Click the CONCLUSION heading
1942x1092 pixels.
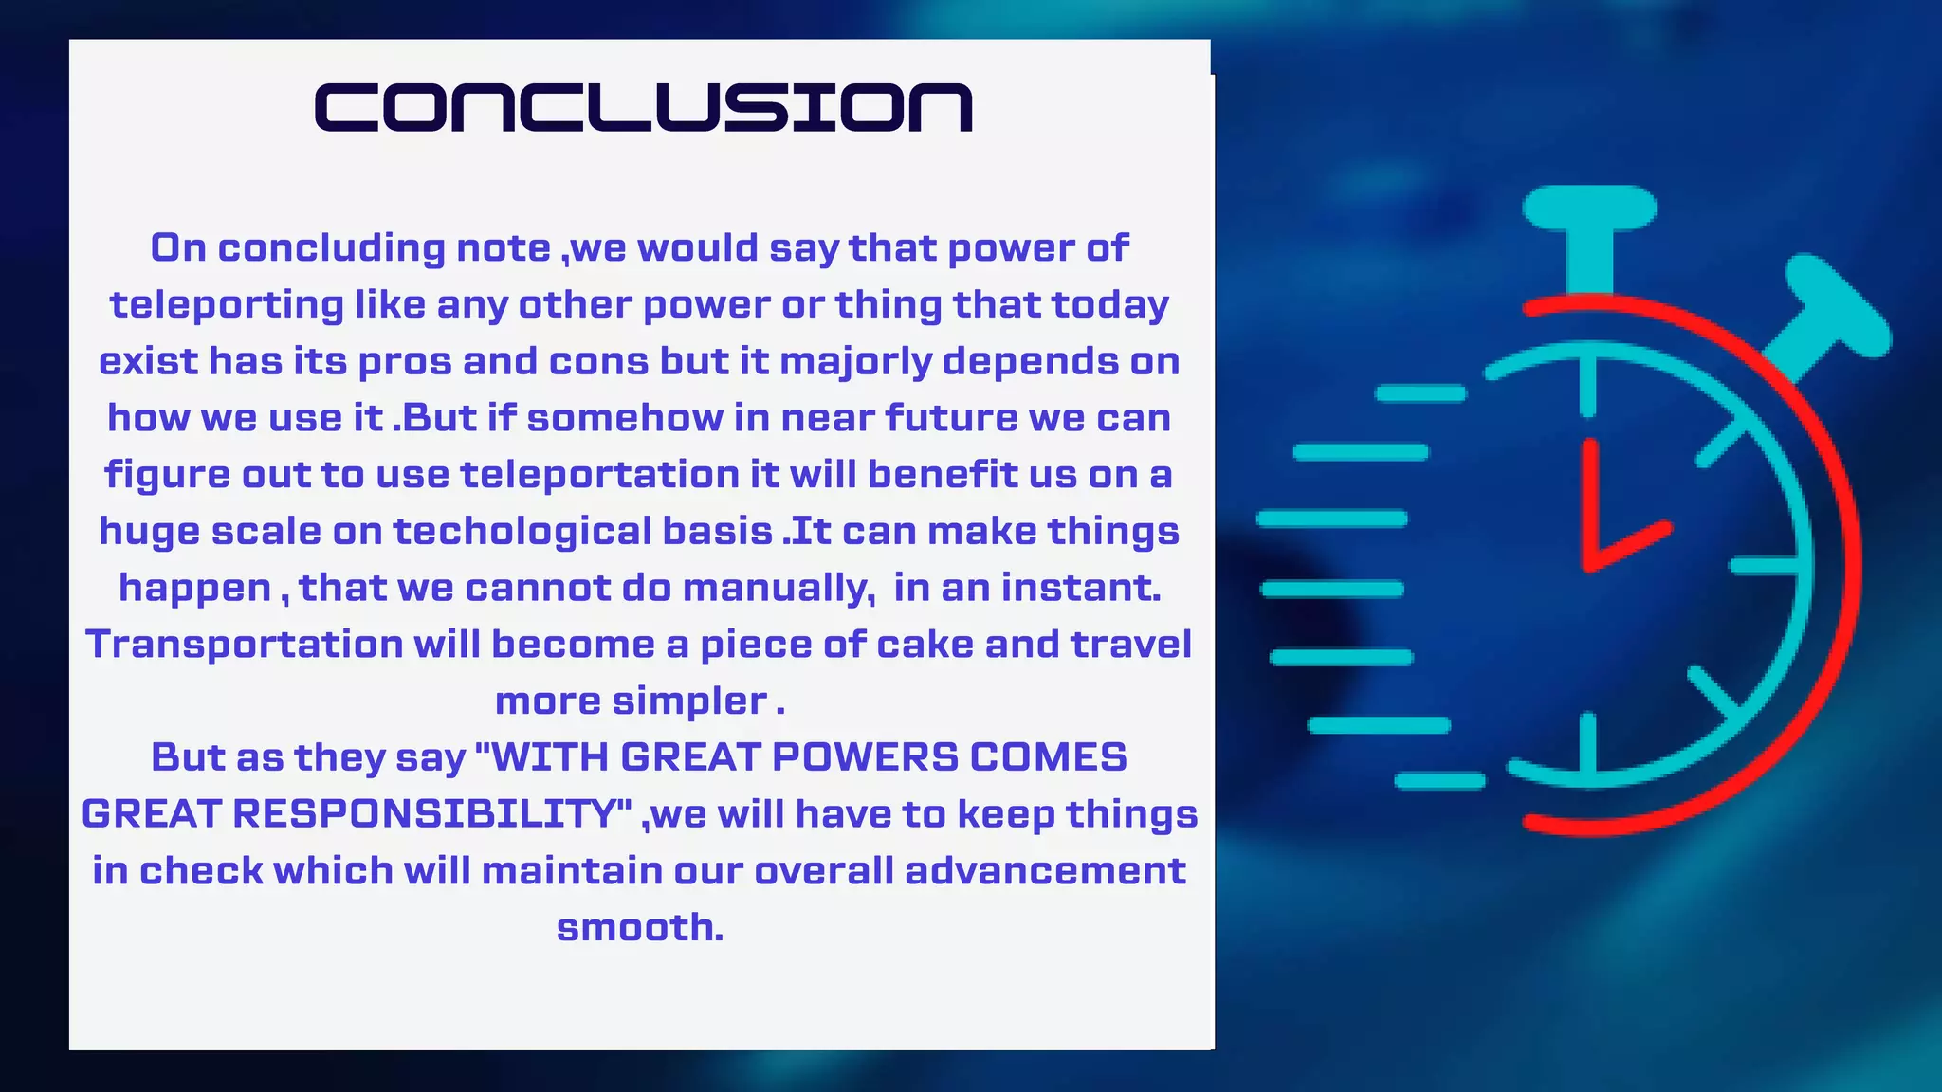(x=644, y=107)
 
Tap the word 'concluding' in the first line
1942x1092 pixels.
(x=331, y=248)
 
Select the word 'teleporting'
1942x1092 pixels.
(x=227, y=305)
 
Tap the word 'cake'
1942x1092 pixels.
(x=925, y=645)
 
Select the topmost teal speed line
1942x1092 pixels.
(x=1420, y=393)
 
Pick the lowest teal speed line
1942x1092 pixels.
(x=1439, y=781)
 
